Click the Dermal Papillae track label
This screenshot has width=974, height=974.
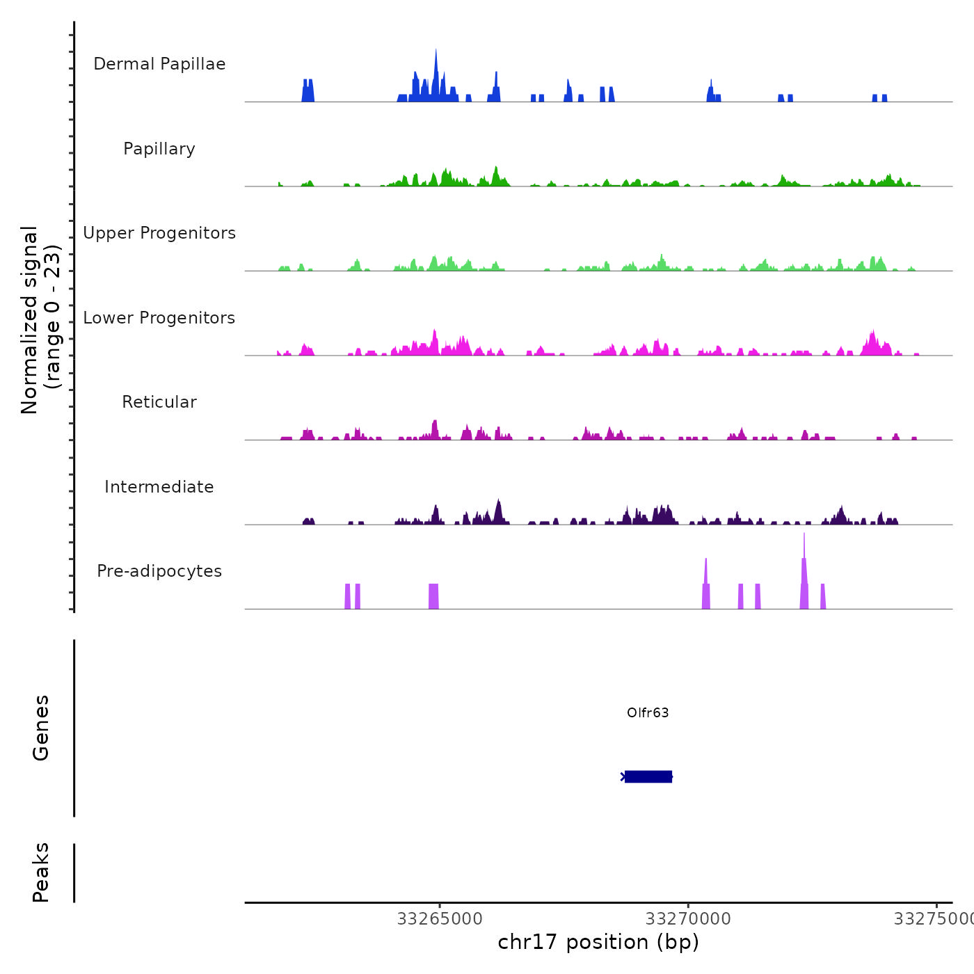click(159, 64)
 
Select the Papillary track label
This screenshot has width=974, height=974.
click(159, 149)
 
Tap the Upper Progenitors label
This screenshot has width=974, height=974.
click(159, 233)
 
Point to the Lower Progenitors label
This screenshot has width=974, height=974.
click(159, 318)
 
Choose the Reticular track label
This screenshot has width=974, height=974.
click(159, 402)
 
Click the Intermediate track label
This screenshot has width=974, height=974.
click(159, 487)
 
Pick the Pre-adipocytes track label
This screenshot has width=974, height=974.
click(159, 571)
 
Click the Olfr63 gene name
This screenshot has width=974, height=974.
click(648, 712)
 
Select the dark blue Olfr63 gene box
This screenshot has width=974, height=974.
click(648, 776)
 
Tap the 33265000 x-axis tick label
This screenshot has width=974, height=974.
click(440, 919)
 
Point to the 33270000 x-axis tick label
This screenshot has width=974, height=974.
click(688, 919)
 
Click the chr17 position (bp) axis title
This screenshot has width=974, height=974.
click(598, 942)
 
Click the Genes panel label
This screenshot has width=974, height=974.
click(41, 728)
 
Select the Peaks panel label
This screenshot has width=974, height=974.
click(41, 872)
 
